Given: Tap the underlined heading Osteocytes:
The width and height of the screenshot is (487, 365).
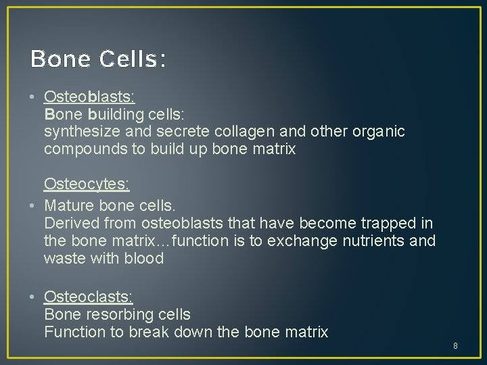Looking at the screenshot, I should (x=87, y=184).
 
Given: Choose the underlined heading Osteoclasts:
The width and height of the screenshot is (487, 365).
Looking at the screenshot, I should (x=89, y=297).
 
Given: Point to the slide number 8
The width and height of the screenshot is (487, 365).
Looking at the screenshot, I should (x=455, y=346).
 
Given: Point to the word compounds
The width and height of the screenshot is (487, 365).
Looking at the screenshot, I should (x=85, y=149).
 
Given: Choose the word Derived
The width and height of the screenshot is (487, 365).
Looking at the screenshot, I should (x=70, y=223).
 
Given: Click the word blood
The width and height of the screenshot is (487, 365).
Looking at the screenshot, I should (x=143, y=258).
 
